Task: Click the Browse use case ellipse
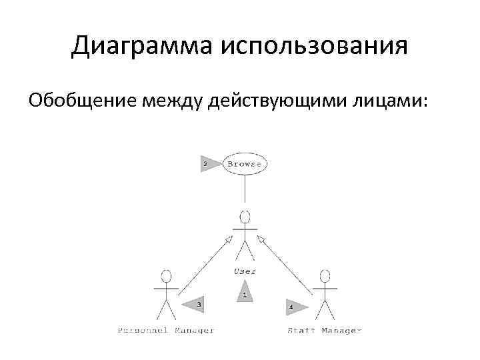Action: click(x=245, y=163)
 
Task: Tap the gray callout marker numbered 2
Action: click(x=208, y=163)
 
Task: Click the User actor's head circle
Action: click(x=245, y=217)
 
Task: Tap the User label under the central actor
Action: click(x=245, y=271)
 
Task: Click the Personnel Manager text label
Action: click(x=166, y=331)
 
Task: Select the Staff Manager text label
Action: click(x=324, y=331)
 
